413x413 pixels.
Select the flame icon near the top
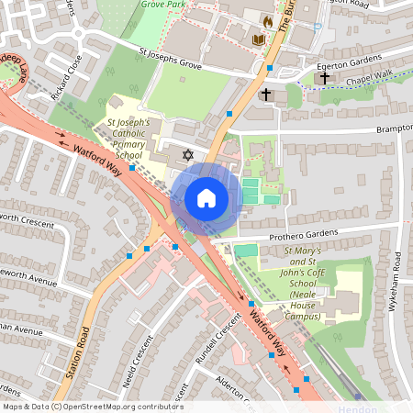[x=268, y=20]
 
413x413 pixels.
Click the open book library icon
[x=258, y=39]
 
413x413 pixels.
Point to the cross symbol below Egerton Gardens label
[x=324, y=79]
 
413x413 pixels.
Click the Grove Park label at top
[x=165, y=5]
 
